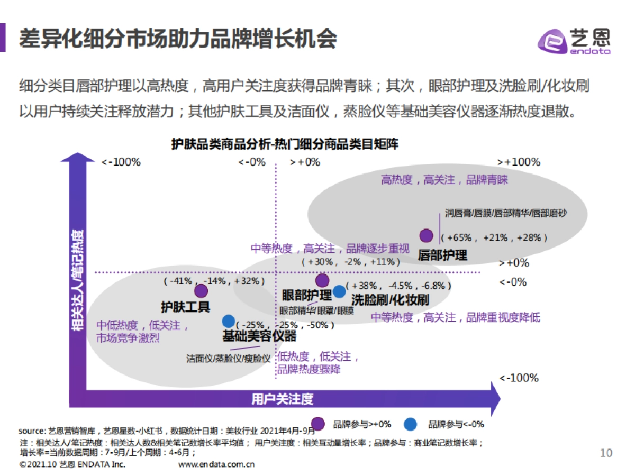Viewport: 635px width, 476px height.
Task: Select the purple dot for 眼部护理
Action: click(x=322, y=280)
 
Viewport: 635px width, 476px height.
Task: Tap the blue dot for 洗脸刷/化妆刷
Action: click(x=339, y=291)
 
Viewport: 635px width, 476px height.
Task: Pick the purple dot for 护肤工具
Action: click(x=201, y=290)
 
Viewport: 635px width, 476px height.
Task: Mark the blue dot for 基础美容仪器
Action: click(x=229, y=321)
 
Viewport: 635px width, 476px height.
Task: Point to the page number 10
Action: click(x=606, y=453)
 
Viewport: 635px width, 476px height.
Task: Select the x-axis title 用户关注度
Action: click(x=282, y=399)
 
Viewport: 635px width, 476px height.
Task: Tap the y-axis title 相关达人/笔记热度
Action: click(x=78, y=280)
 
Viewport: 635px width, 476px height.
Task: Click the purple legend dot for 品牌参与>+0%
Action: click(x=318, y=424)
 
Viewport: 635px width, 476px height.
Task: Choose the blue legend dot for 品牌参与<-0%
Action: click(x=410, y=424)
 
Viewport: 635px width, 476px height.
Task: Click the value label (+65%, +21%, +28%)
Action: click(x=493, y=237)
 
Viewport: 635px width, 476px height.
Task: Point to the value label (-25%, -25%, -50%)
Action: click(x=285, y=324)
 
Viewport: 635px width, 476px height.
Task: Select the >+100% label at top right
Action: click(x=519, y=162)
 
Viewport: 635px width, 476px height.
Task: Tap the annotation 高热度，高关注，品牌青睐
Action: click(x=444, y=180)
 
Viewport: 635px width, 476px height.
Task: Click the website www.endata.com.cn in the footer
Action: click(x=217, y=464)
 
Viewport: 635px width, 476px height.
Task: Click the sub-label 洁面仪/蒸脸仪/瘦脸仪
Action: click(x=228, y=358)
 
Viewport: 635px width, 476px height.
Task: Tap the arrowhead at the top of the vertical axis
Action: click(x=78, y=158)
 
